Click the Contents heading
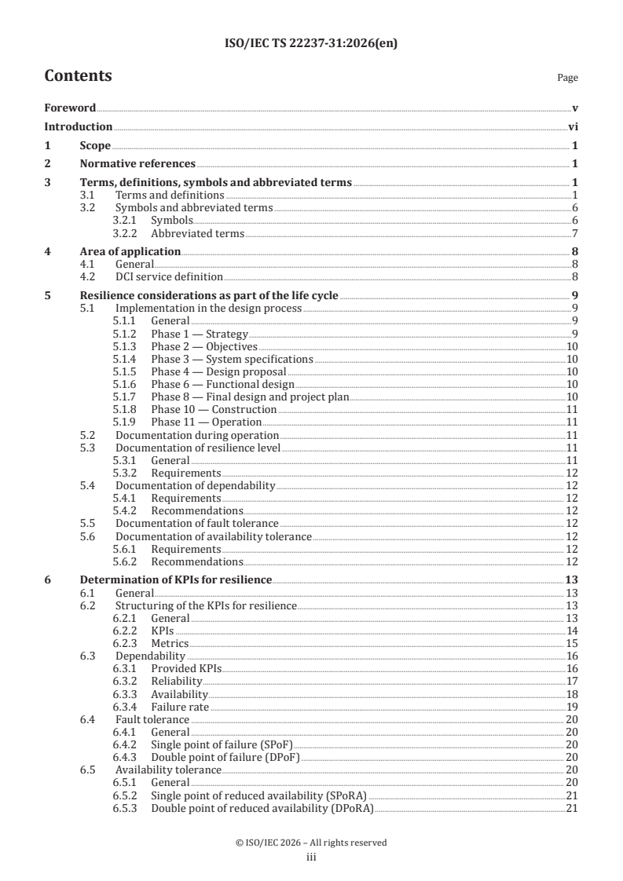[x=78, y=76]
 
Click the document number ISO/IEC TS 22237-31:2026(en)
[x=311, y=44]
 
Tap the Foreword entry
[x=70, y=108]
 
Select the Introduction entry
[x=78, y=126]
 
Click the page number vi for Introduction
[x=574, y=126]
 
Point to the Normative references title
[x=137, y=164]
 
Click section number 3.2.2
[x=126, y=234]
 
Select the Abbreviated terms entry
[x=197, y=234]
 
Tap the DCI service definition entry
[x=169, y=276]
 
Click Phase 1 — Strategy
[x=189, y=333]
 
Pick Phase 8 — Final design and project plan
[x=249, y=397]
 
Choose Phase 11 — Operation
[x=195, y=422]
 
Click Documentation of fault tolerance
[x=196, y=523]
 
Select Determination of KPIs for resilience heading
[x=176, y=579]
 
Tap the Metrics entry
[x=170, y=643]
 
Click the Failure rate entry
[x=180, y=707]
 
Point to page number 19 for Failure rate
[x=572, y=707]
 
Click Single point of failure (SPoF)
[x=221, y=744]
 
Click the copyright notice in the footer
[x=311, y=843]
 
